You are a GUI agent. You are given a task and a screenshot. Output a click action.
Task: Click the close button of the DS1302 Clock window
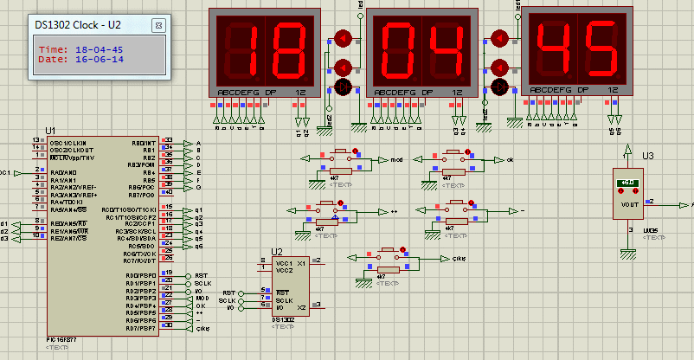pyautogui.click(x=158, y=26)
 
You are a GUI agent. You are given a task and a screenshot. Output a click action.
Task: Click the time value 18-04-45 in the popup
pyautogui.click(x=100, y=49)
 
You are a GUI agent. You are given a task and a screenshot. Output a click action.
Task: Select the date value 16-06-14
pyautogui.click(x=100, y=60)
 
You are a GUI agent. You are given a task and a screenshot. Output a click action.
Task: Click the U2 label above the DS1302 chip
pyautogui.click(x=277, y=252)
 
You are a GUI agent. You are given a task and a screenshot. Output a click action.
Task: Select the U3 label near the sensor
pyautogui.click(x=647, y=156)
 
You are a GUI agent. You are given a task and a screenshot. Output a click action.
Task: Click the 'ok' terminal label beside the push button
pyautogui.click(x=510, y=160)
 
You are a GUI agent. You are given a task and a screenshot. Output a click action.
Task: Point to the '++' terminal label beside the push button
pyautogui.click(x=394, y=210)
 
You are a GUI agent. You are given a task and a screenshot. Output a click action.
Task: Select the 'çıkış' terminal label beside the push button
pyautogui.click(x=459, y=258)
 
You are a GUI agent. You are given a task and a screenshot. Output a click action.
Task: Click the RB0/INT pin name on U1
pyautogui.click(x=144, y=142)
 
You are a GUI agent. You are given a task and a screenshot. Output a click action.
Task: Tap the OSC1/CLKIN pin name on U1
pyautogui.click(x=68, y=142)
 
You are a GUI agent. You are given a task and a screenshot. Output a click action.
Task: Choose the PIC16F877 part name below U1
pyautogui.click(x=63, y=339)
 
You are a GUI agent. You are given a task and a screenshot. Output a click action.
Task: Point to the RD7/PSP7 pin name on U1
pyautogui.click(x=141, y=329)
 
